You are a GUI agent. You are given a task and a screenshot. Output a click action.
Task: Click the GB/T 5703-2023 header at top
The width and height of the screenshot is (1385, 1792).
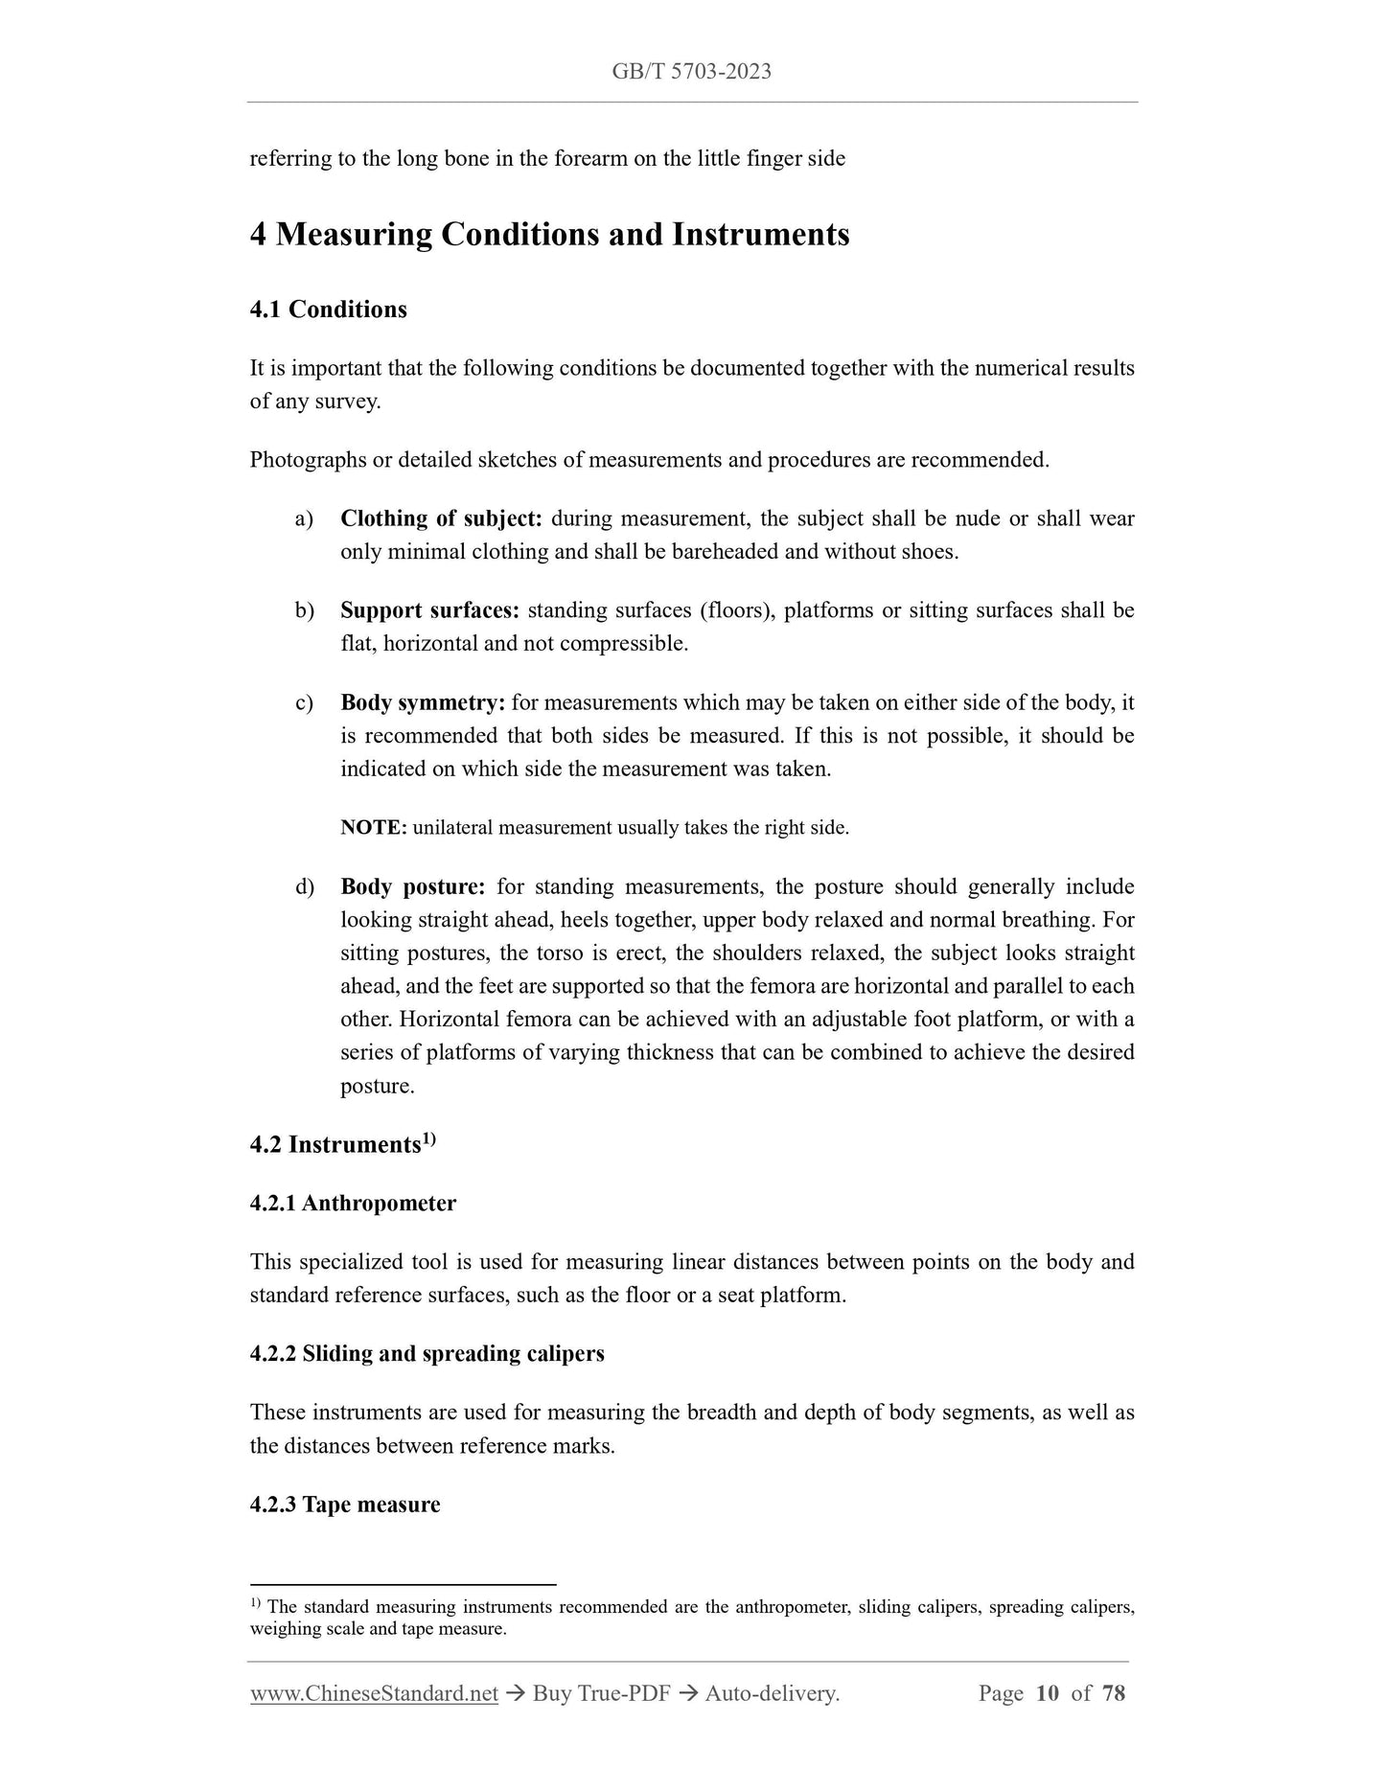pyautogui.click(x=691, y=72)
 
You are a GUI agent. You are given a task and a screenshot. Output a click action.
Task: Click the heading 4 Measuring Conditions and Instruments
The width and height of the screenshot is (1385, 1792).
pyautogui.click(x=549, y=235)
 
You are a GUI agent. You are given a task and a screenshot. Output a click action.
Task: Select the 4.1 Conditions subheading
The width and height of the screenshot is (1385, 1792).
pyautogui.click(x=328, y=310)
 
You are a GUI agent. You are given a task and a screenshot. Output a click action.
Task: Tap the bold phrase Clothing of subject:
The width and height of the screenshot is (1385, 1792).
pyautogui.click(x=441, y=518)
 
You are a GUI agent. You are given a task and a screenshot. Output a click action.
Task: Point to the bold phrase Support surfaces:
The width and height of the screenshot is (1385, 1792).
pyautogui.click(x=429, y=610)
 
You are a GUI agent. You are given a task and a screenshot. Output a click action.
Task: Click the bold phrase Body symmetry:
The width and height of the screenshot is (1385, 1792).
pyautogui.click(x=422, y=702)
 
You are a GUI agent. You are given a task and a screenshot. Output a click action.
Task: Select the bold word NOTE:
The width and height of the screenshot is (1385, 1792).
pyautogui.click(x=373, y=827)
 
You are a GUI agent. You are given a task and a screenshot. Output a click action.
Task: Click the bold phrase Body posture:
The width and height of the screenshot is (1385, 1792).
pyautogui.click(x=412, y=886)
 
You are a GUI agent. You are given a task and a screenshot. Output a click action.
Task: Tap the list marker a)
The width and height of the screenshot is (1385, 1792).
pyautogui.click(x=304, y=518)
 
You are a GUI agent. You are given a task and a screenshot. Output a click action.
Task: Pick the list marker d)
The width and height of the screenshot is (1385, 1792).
pyautogui.click(x=304, y=886)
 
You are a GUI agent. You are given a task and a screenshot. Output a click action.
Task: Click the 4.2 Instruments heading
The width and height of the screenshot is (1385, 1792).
pyautogui.click(x=335, y=1145)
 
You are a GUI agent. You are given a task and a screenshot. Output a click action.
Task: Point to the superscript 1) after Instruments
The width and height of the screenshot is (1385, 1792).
pyautogui.click(x=429, y=1138)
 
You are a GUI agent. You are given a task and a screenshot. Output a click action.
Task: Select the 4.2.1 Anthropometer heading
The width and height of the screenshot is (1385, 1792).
pyautogui.click(x=353, y=1204)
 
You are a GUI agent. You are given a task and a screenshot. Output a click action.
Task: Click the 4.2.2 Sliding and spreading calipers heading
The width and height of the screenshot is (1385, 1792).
pyautogui.click(x=427, y=1354)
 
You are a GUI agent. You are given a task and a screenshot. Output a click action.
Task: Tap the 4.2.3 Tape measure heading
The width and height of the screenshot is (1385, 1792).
pyautogui.click(x=345, y=1505)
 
